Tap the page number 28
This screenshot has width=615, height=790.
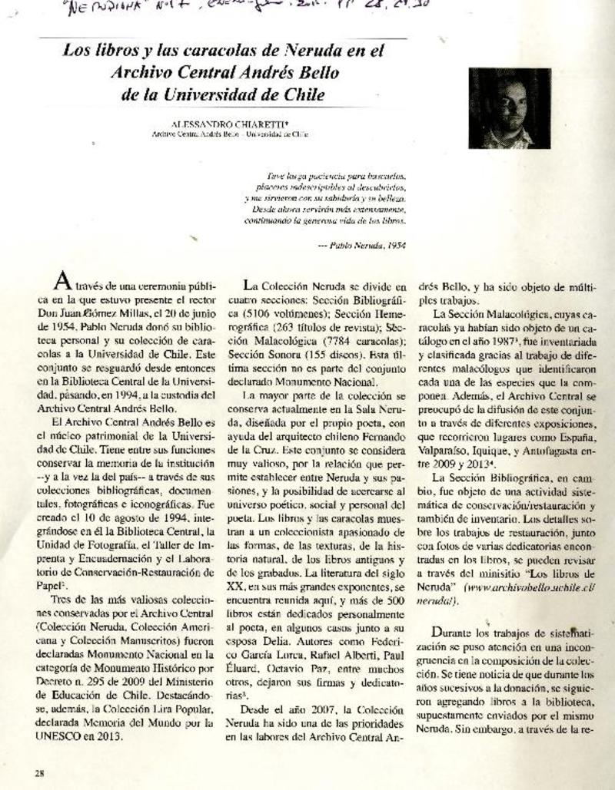[x=38, y=772]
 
